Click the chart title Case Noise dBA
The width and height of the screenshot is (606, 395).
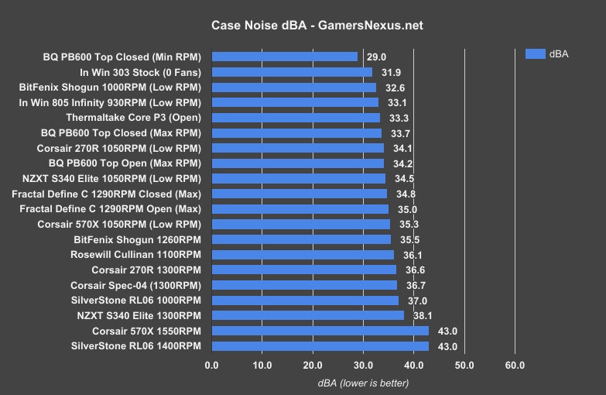pyautogui.click(x=317, y=26)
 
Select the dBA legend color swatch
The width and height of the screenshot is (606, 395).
pyautogui.click(x=536, y=53)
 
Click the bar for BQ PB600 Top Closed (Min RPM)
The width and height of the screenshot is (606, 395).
pyautogui.click(x=284, y=57)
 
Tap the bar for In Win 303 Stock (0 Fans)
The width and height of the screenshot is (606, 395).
pyautogui.click(x=292, y=72)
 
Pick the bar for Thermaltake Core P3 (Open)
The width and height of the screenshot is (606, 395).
pyautogui.click(x=296, y=118)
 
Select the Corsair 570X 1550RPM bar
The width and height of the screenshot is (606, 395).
pyautogui.click(x=320, y=331)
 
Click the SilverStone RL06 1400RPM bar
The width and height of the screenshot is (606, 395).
pyautogui.click(x=320, y=346)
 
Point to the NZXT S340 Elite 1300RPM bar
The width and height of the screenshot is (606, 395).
pyautogui.click(x=307, y=315)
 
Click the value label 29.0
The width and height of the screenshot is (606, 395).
pyautogui.click(x=376, y=57)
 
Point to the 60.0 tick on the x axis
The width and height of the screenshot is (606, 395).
pyautogui.click(x=515, y=365)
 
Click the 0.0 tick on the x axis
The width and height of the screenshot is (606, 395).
pyautogui.click(x=211, y=365)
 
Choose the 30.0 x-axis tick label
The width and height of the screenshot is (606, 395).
pyautogui.click(x=363, y=365)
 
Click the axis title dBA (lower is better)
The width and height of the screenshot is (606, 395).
pyautogui.click(x=363, y=383)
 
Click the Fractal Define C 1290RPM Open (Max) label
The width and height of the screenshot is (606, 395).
pyautogui.click(x=106, y=209)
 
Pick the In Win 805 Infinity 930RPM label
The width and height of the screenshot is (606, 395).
pyautogui.click(x=109, y=102)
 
